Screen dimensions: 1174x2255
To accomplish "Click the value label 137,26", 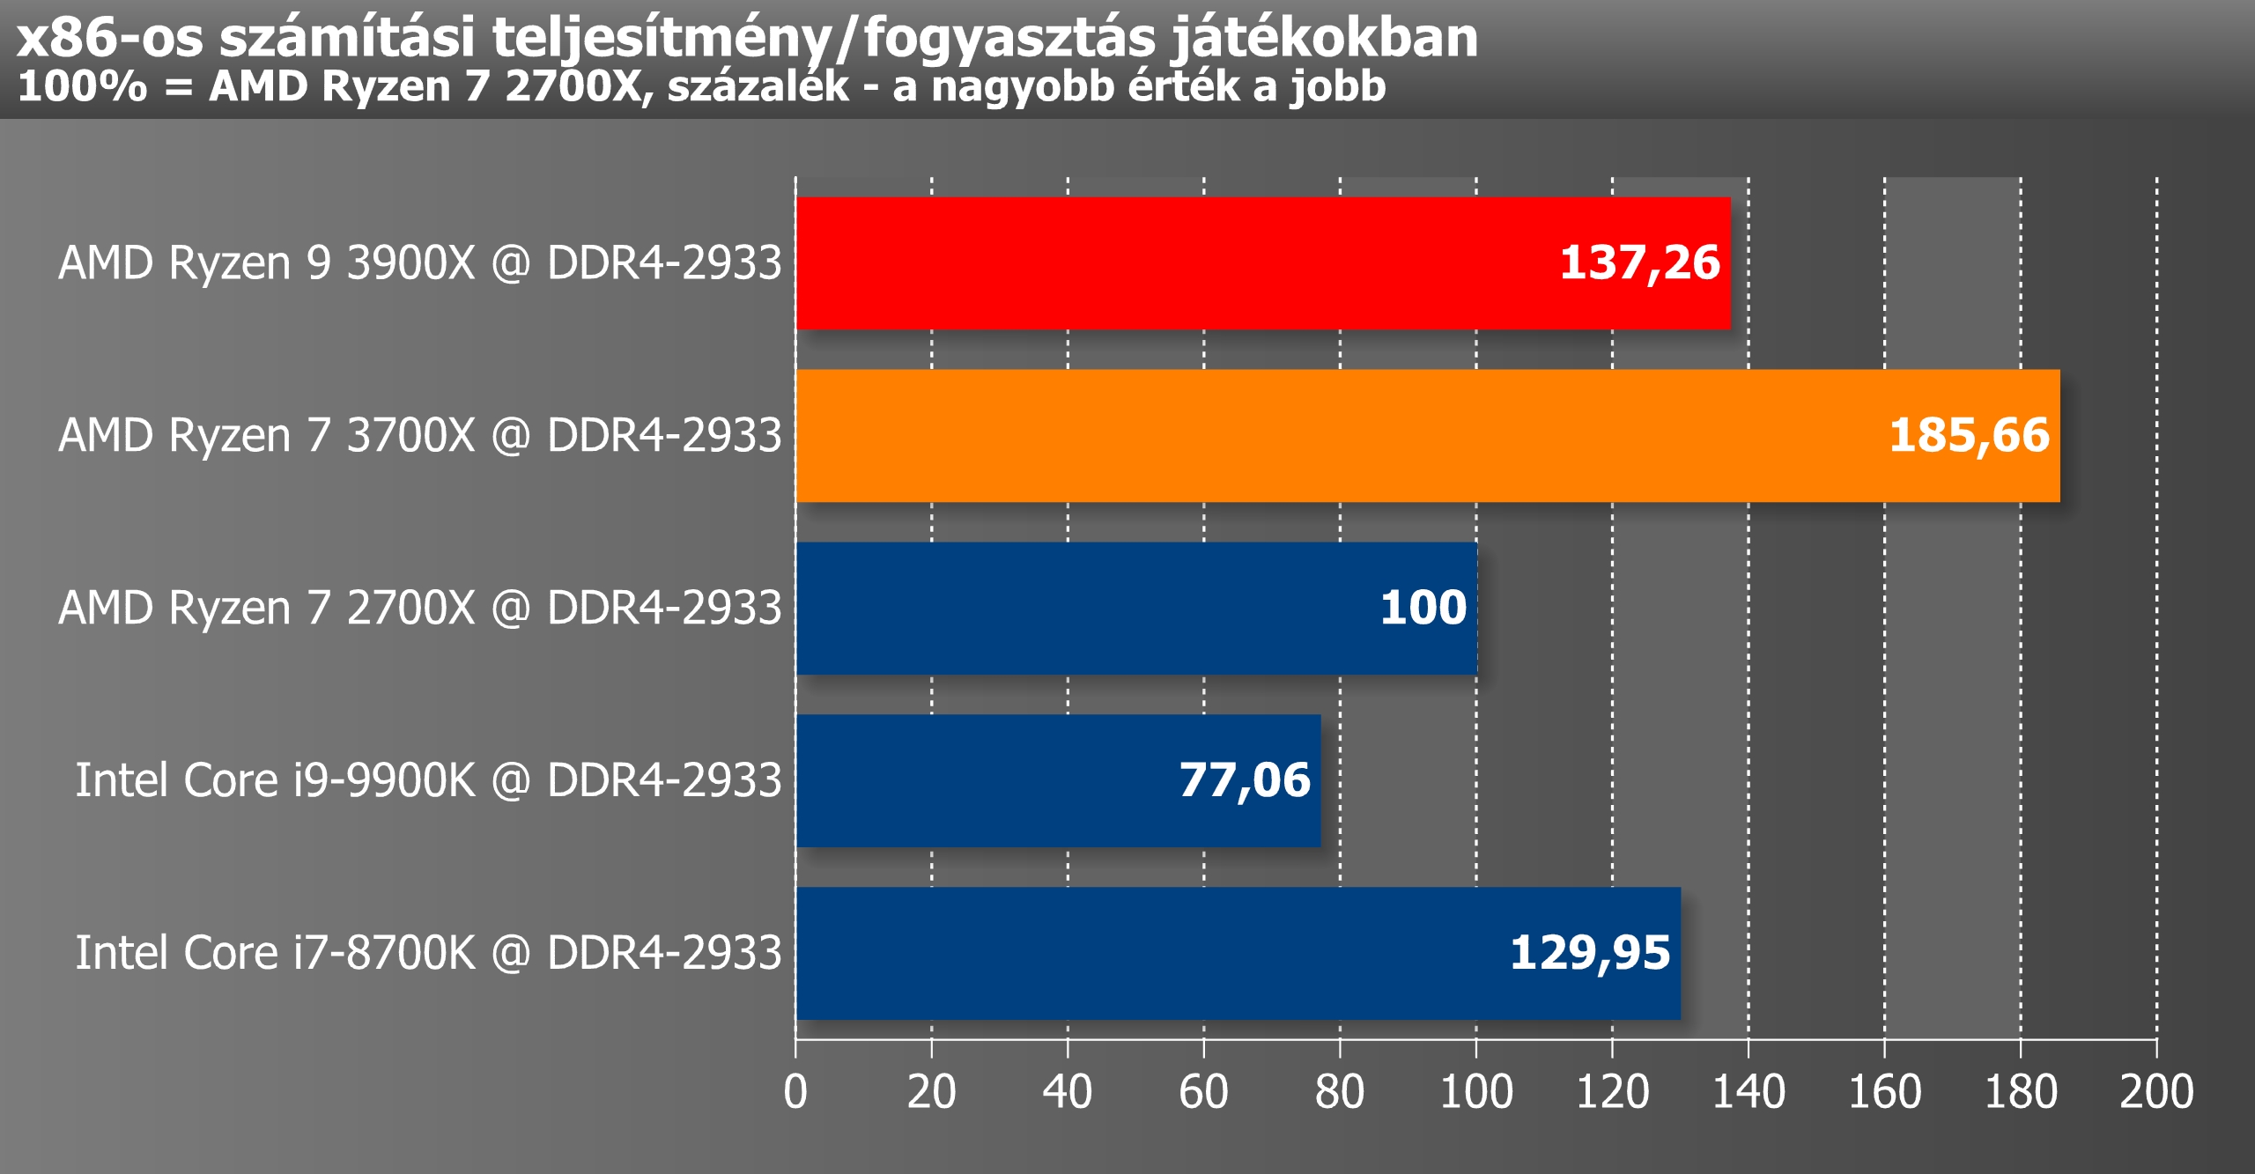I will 1639,262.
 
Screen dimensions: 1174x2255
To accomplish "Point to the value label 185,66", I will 1969,435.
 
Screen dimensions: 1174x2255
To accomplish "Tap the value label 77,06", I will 1244,780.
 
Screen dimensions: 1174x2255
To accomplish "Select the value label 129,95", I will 1590,953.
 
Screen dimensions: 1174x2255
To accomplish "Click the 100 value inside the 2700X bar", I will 1423,608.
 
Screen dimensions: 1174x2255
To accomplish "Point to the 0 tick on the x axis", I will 795,1092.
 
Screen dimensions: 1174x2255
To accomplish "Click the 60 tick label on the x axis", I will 1203,1092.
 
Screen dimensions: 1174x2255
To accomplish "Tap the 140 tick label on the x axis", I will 1748,1092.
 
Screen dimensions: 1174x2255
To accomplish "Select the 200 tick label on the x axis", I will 2156,1092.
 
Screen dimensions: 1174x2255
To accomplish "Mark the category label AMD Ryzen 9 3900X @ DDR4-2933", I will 419,262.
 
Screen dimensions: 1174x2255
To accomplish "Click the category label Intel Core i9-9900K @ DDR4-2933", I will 428,780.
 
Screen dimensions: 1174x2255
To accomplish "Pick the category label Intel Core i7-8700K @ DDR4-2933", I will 428,953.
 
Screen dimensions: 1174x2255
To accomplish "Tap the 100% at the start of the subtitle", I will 82,87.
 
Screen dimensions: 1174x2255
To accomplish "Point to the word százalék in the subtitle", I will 758,87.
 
